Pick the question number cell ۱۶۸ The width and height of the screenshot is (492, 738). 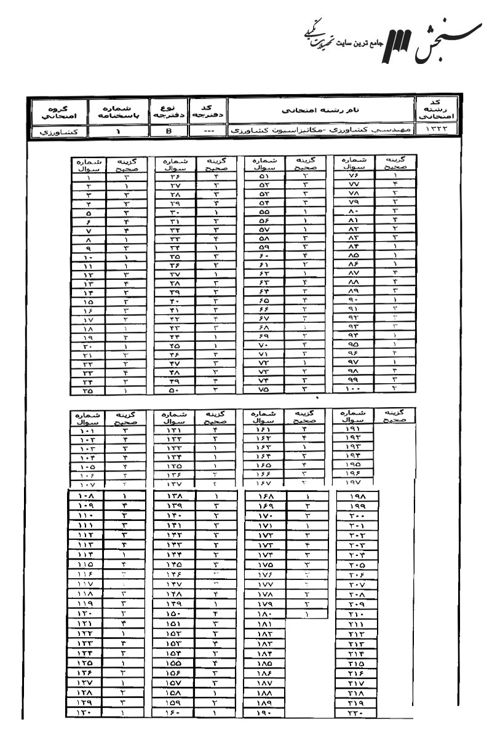263,496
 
